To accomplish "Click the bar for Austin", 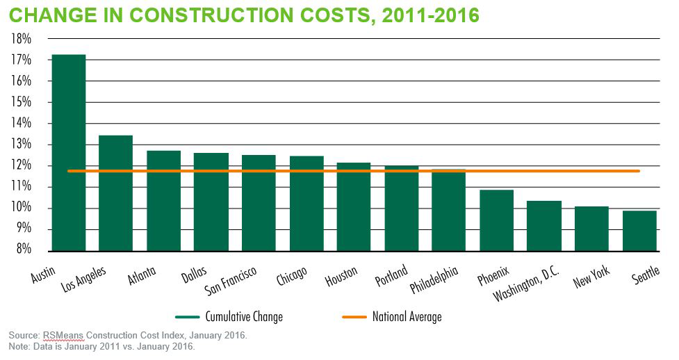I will (x=69, y=152).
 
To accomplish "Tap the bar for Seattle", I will (x=639, y=230).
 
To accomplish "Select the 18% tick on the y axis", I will (x=21, y=39).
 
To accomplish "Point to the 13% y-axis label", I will (x=21, y=145).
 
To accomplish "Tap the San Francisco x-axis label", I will (x=231, y=279).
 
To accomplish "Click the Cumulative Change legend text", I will (x=244, y=317).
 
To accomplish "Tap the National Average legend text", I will (x=407, y=317).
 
